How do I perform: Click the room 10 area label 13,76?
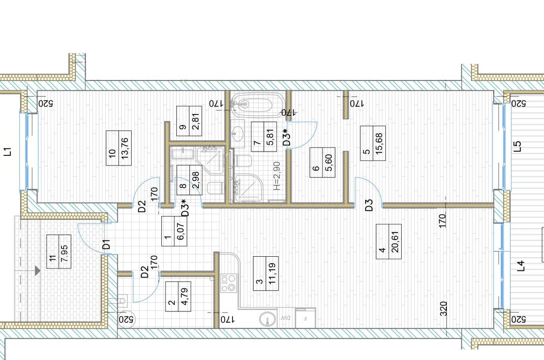pyautogui.click(x=125, y=148)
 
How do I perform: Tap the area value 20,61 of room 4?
pyautogui.click(x=395, y=241)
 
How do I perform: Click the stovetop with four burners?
pyautogui.click(x=229, y=283)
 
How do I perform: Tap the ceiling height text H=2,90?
pyautogui.click(x=277, y=176)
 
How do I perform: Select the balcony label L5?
pyautogui.click(x=517, y=146)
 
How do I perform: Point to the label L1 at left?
pyautogui.click(x=7, y=152)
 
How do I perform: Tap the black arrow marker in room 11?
pyautogui.click(x=37, y=270)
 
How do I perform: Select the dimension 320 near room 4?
pyautogui.click(x=444, y=309)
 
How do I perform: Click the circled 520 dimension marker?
pyautogui.click(x=126, y=319)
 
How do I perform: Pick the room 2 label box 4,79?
pyautogui.click(x=179, y=296)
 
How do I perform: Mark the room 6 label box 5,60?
pyautogui.click(x=322, y=162)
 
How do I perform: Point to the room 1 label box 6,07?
pyautogui.click(x=174, y=231)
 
